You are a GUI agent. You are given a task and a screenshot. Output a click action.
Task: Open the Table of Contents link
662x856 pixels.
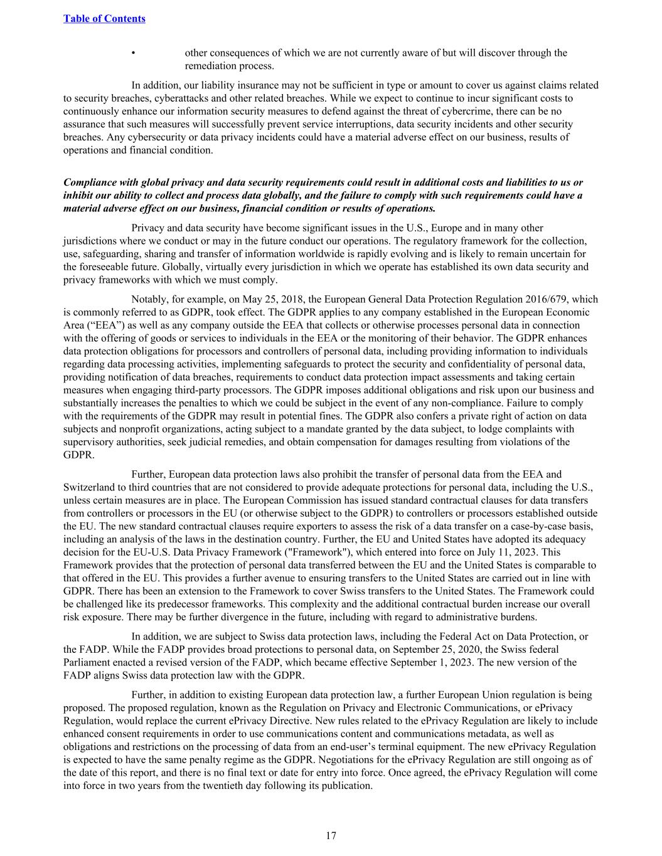(x=104, y=19)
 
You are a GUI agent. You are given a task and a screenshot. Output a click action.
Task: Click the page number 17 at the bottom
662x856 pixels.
(x=331, y=835)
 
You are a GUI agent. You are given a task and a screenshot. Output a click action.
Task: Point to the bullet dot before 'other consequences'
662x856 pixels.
(x=134, y=53)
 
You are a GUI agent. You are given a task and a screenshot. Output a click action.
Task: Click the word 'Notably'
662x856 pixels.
(x=148, y=300)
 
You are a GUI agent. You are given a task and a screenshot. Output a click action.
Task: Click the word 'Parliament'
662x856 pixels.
(x=85, y=663)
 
